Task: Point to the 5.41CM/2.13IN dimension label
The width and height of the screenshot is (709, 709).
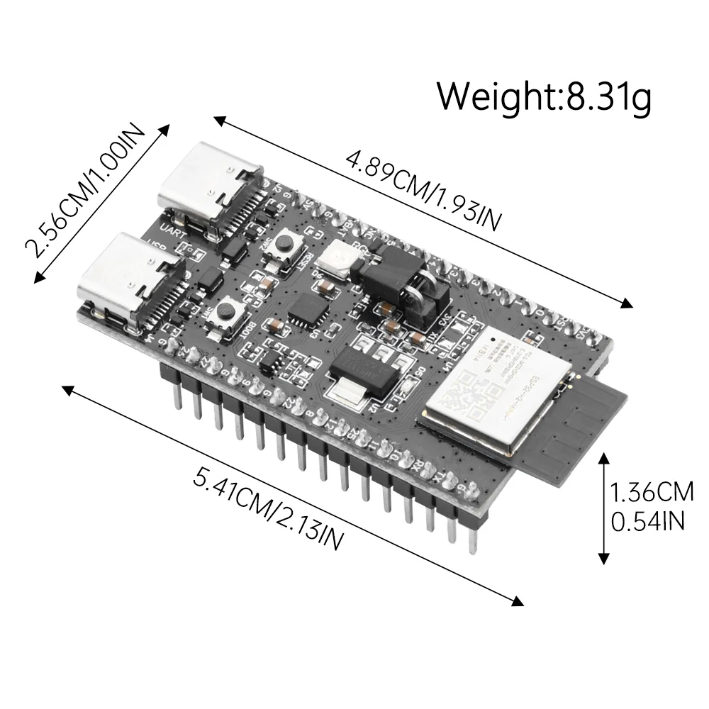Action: pyautogui.click(x=269, y=508)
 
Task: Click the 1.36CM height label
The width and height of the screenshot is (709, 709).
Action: pyautogui.click(x=652, y=491)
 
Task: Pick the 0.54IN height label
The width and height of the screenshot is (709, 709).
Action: pyautogui.click(x=647, y=522)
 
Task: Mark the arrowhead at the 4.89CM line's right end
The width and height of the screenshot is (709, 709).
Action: pyautogui.click(x=627, y=305)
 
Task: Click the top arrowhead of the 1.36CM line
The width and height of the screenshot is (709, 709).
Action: pyautogui.click(x=603, y=458)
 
